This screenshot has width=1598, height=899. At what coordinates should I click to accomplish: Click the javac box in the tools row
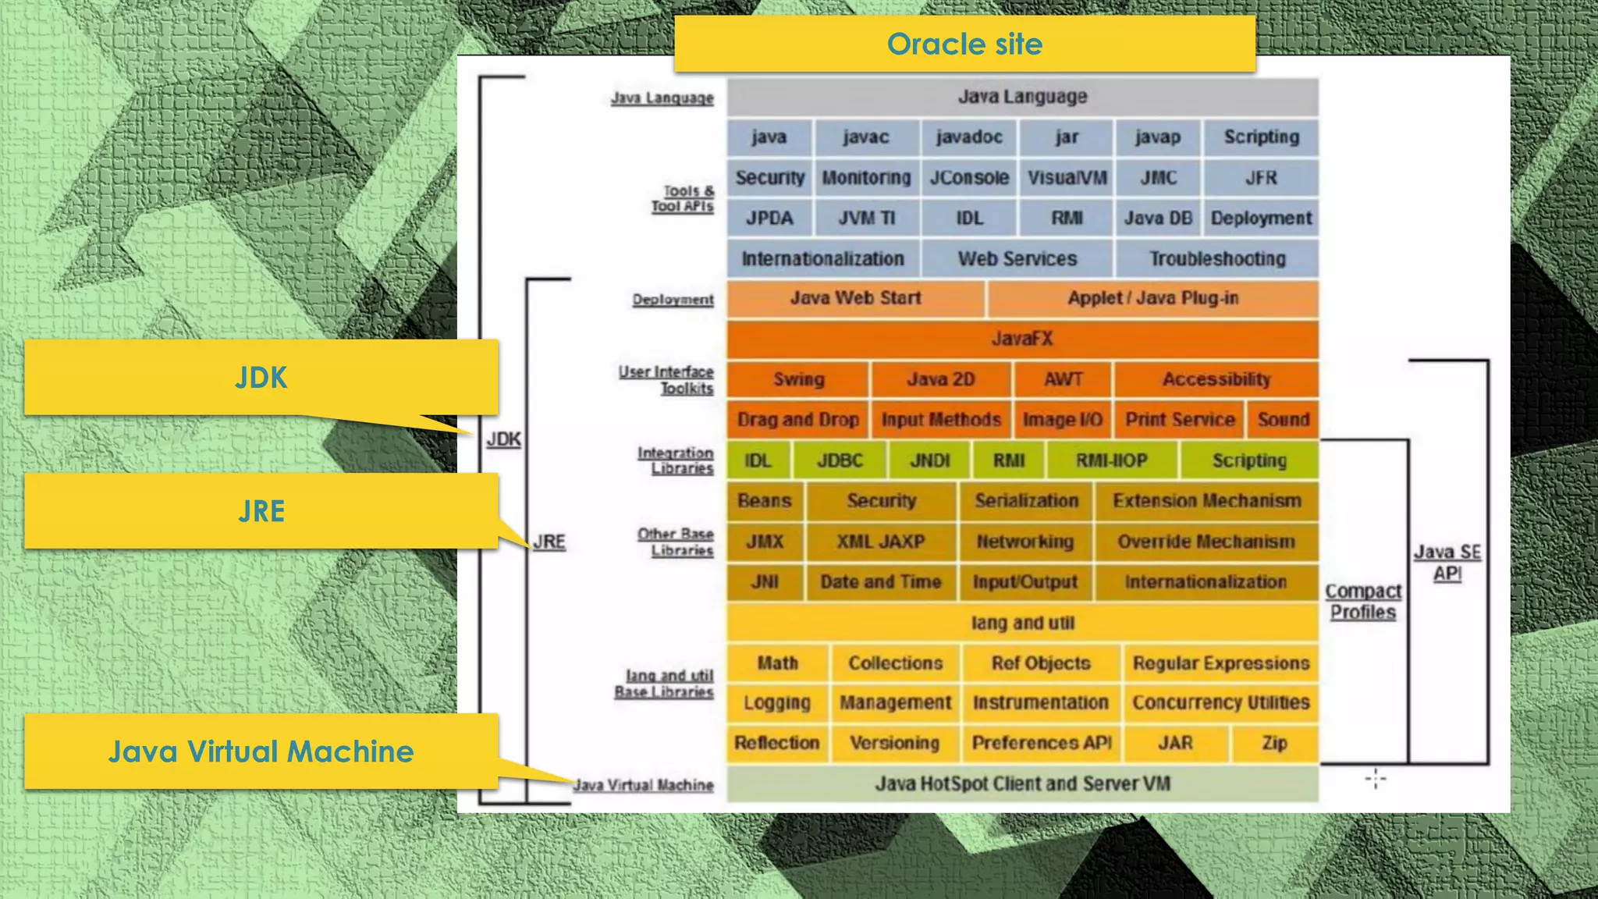click(866, 137)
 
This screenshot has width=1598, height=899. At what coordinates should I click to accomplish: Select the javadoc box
click(969, 137)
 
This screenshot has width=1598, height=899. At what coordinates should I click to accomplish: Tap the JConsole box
click(969, 178)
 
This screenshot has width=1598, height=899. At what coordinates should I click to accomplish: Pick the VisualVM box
click(1067, 178)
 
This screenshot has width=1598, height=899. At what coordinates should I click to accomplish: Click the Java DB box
click(1158, 219)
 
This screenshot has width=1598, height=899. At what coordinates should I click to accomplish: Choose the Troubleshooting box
click(1217, 259)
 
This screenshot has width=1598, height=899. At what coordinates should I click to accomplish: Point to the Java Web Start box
click(855, 299)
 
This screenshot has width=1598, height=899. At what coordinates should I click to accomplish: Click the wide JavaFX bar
click(1022, 339)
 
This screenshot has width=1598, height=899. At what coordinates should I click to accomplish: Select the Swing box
click(798, 379)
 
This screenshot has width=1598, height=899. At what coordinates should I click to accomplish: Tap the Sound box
click(1283, 420)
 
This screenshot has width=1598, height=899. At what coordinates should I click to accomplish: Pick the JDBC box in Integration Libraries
click(840, 460)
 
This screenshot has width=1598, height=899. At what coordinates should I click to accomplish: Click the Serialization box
click(1026, 501)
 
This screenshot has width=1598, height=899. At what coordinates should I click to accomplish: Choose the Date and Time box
click(880, 582)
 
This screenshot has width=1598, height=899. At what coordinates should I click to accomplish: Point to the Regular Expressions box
click(1220, 663)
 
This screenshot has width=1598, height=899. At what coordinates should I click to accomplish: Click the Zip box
click(1274, 743)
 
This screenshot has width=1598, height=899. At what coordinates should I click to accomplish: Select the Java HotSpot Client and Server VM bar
click(1022, 784)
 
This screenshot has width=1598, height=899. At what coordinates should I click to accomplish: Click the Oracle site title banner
click(964, 44)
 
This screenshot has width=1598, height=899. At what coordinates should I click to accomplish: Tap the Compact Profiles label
click(1363, 602)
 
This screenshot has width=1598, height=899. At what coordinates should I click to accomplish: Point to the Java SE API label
click(1447, 563)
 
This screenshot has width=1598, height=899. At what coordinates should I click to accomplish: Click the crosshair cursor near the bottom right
click(1376, 778)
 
